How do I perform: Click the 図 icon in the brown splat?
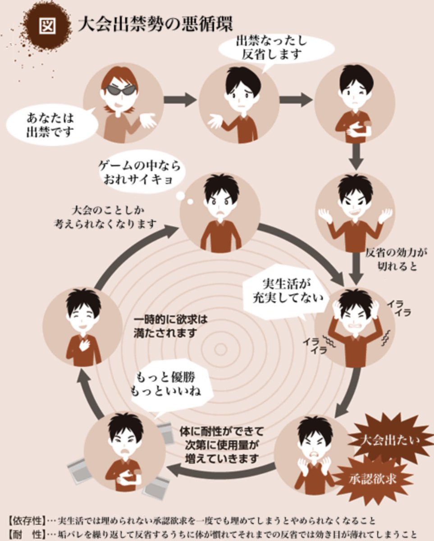coord(48,25)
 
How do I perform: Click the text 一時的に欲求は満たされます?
coord(171,326)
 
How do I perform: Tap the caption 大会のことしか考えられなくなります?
coord(105,217)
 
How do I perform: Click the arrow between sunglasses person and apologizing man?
coord(180,100)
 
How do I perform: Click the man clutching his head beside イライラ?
coord(355,326)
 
